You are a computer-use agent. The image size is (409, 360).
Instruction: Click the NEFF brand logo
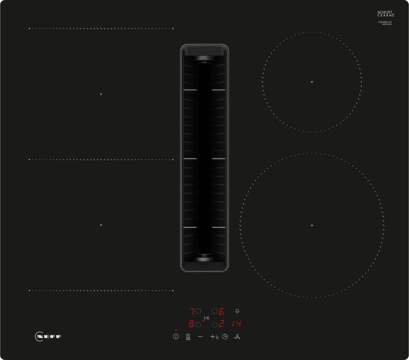(x=48, y=337)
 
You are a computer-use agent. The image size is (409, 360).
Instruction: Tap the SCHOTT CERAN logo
(x=385, y=14)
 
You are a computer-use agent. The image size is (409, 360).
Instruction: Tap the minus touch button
(x=200, y=337)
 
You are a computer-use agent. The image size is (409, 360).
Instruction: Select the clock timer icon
(x=225, y=337)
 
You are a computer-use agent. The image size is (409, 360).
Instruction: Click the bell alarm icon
(x=238, y=311)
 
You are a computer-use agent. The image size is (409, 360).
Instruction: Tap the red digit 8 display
(x=191, y=324)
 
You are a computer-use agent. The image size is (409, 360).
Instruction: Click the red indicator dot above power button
(x=176, y=330)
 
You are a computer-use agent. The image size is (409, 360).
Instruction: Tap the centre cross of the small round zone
(x=312, y=82)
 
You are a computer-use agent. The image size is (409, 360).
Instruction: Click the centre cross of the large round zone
(x=312, y=225)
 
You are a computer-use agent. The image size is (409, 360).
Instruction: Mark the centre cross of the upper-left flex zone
(x=101, y=94)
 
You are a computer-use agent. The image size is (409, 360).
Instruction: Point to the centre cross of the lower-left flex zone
(x=101, y=225)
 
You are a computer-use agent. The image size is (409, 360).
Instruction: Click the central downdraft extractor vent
(x=204, y=158)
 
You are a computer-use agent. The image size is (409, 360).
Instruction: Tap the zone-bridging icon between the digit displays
(x=207, y=318)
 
